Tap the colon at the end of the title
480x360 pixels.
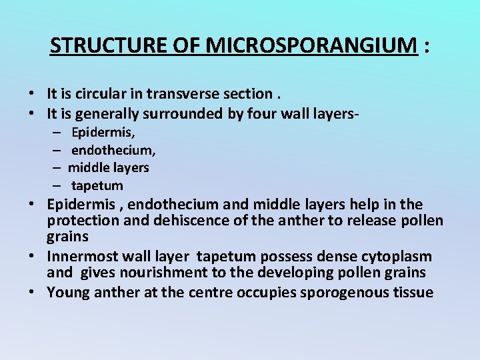pos(426,47)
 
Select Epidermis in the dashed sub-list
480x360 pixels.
pos(103,133)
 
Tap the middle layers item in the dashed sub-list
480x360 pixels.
pos(109,167)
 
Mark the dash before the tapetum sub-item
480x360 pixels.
pos(58,185)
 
